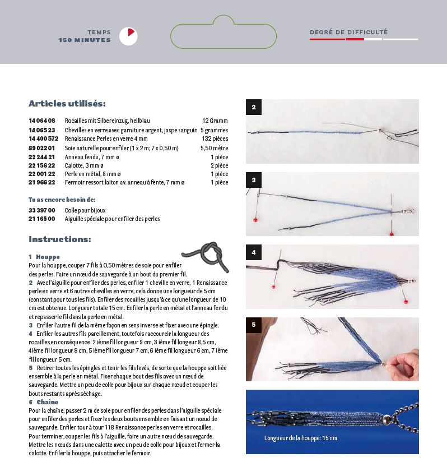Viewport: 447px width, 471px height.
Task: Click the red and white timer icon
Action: click(128, 36)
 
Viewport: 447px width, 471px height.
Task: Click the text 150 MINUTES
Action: click(85, 40)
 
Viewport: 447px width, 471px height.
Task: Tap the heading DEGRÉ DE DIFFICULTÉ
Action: click(348, 33)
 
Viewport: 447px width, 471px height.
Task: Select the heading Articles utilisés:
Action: click(67, 104)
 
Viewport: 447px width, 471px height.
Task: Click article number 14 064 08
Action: click(42, 121)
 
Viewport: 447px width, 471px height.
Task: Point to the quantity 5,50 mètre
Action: click(214, 148)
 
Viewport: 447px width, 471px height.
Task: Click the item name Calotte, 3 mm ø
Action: click(84, 166)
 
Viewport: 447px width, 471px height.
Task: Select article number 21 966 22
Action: click(42, 182)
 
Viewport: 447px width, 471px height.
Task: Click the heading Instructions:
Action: click(60, 239)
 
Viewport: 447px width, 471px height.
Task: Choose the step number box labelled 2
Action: click(254, 107)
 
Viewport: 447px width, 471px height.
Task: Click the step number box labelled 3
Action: click(254, 180)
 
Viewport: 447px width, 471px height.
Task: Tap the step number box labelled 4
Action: click(254, 252)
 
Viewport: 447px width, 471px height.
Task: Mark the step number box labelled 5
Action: click(254, 325)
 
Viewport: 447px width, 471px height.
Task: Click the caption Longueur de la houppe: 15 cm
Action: click(301, 437)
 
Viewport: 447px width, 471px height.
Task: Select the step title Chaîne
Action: click(48, 402)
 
